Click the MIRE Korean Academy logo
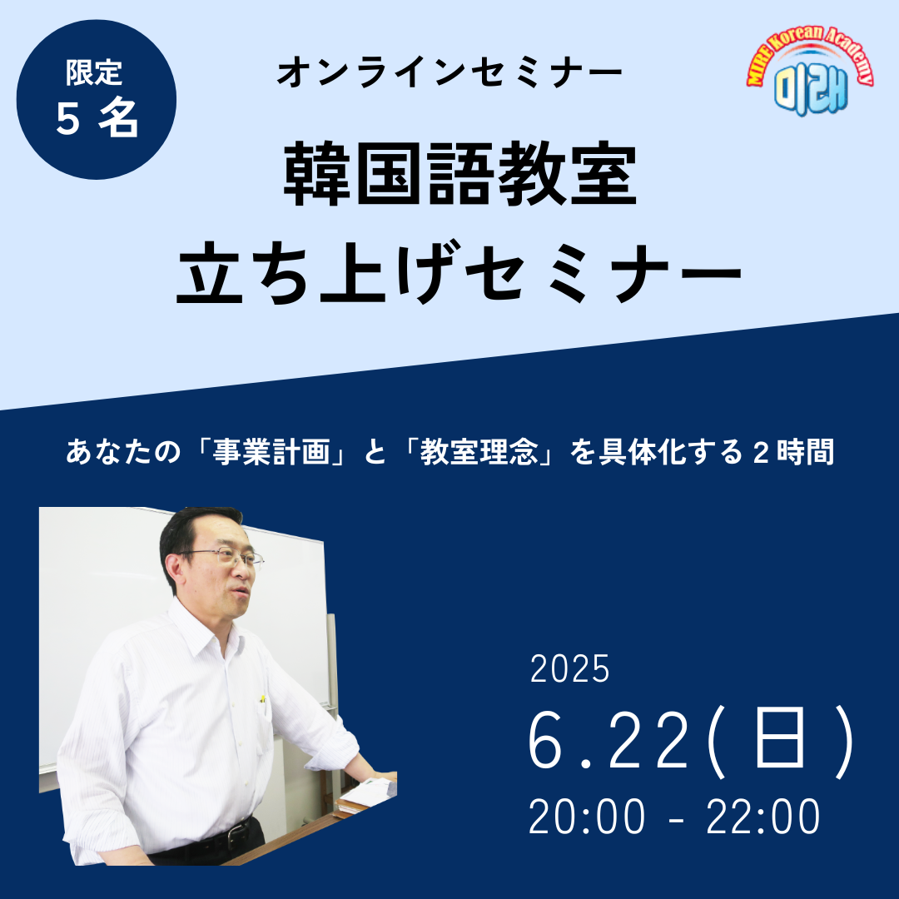810,70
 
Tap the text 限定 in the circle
95,72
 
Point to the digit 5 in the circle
67,119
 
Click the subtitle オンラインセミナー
449,73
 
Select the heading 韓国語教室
460,174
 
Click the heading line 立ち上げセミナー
459,271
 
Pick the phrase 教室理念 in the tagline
479,452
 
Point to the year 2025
569,668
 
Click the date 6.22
607,741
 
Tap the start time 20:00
586,817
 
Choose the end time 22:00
762,817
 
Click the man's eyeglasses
226,555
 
